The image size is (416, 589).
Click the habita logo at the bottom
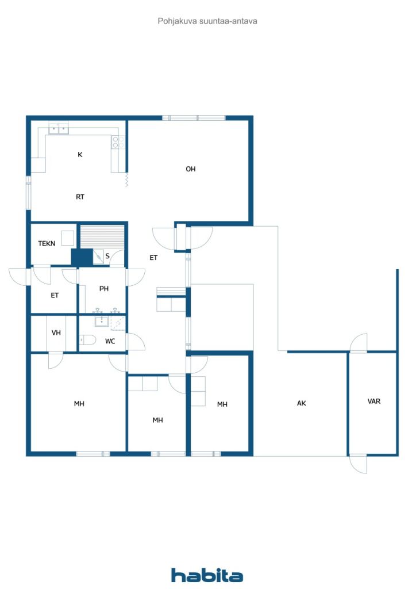pos(207,575)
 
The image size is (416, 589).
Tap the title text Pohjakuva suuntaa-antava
pos(207,21)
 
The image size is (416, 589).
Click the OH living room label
pos(191,169)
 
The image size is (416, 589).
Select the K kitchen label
pos(80,154)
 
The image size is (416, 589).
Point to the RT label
pos(80,197)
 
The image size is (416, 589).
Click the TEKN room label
pos(47,243)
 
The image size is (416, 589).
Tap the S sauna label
pos(107,256)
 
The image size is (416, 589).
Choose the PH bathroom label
pos(104,289)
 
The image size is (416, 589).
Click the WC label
pos(110,341)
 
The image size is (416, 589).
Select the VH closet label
pos(56,332)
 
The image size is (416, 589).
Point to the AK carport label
pos(301,403)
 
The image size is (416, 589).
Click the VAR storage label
pos(374,401)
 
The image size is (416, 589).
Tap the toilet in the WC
pos(87,340)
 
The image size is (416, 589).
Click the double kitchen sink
pos(59,128)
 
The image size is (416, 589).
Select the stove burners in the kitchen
pos(118,141)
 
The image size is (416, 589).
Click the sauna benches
pos(102,237)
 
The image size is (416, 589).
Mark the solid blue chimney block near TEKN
pos(82,258)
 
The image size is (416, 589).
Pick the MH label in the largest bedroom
pos(79,404)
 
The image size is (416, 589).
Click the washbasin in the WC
pos(101,321)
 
